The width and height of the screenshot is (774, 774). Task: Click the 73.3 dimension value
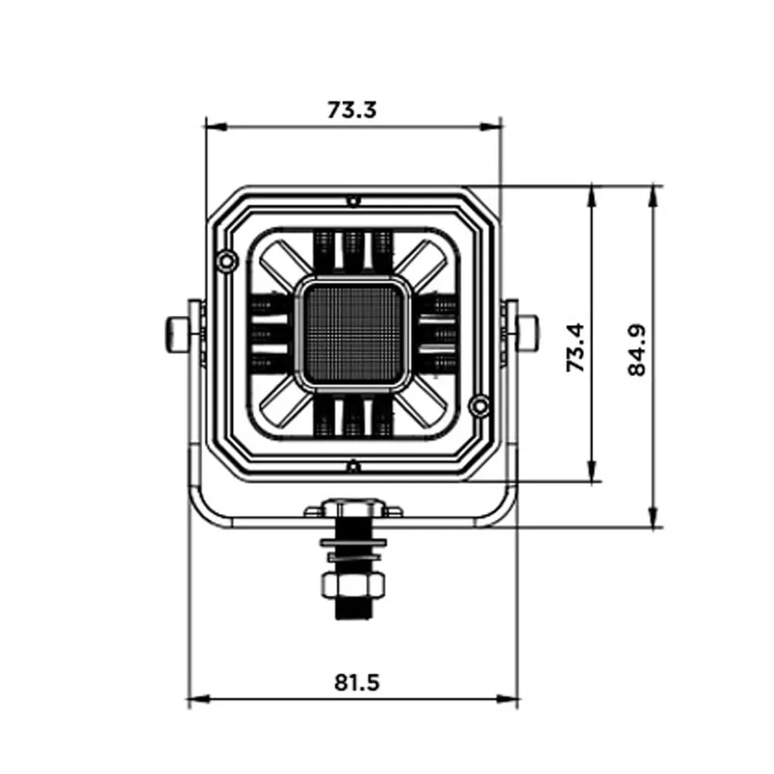[x=352, y=110]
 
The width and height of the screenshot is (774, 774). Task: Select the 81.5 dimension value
[x=357, y=682]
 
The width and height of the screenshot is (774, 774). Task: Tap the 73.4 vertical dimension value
[x=576, y=348]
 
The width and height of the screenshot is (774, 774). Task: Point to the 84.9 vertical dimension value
[x=637, y=350]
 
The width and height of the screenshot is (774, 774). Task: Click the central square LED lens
[x=354, y=334]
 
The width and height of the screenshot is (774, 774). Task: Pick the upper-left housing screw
[x=227, y=260]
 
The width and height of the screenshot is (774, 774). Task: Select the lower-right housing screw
[x=479, y=406]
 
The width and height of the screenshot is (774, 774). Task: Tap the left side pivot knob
[x=176, y=334]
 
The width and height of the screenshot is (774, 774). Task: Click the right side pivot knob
[x=528, y=334]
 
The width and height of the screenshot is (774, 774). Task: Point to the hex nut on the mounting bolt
[x=353, y=585]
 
